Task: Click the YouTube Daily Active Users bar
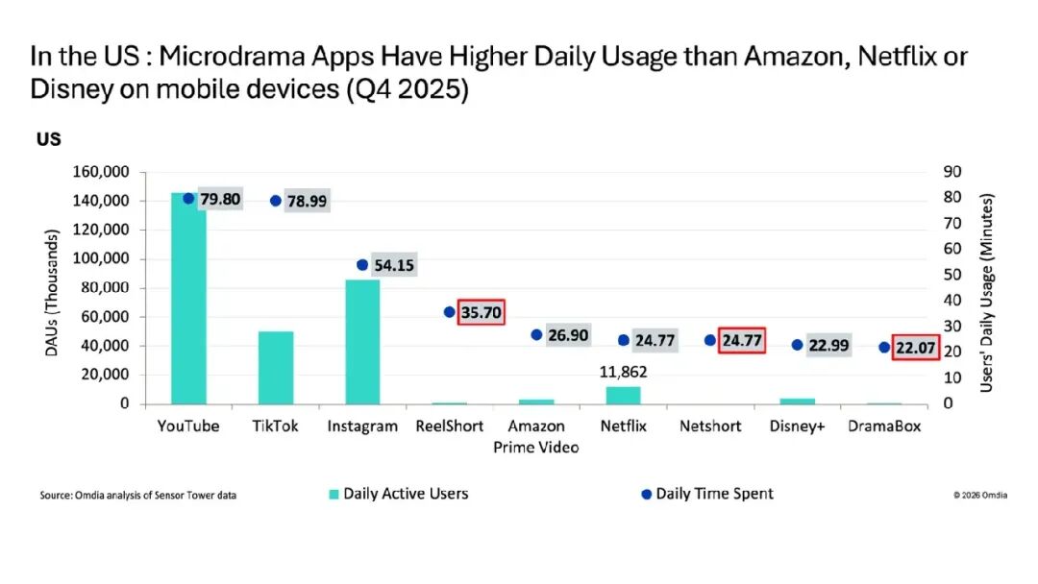coord(188,299)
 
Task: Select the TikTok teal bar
coord(276,368)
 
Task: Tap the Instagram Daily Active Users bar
coord(362,342)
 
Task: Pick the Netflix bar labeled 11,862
coord(623,396)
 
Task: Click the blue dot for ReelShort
coord(450,312)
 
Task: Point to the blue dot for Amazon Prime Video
coord(536,335)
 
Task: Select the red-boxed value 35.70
coord(482,312)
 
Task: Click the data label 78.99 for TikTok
coord(307,201)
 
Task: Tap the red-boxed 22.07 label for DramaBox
coord(916,348)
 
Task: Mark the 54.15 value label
coord(394,265)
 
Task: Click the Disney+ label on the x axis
coord(797,426)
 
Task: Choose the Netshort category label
coord(710,426)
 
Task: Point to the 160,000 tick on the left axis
coord(101,172)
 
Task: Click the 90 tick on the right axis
coord(951,172)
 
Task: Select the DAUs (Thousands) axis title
coord(52,293)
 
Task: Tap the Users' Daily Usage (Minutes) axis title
coord(986,292)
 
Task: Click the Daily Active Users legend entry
coord(399,494)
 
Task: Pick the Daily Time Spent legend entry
coord(707,494)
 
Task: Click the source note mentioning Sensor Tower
coord(137,495)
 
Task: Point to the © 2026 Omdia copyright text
coord(980,495)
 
